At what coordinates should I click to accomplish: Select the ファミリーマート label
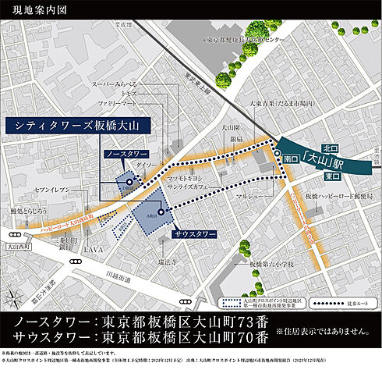pos(117,102)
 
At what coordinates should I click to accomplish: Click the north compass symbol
pos(15,297)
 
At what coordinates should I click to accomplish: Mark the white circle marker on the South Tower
pos(161,212)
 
